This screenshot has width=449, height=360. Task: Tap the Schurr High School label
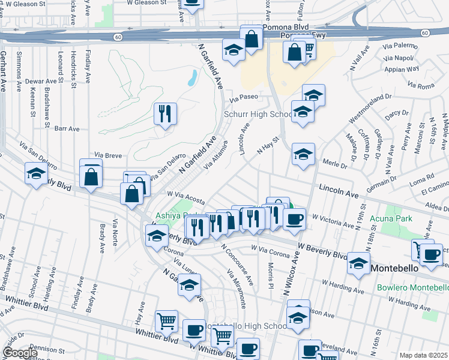(258, 115)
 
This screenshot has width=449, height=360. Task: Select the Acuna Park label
(395, 218)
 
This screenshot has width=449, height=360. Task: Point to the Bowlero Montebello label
(412, 287)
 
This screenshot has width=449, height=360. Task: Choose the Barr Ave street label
(67, 128)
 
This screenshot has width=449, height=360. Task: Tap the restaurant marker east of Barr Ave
(165, 113)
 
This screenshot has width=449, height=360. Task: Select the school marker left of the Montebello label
(358, 263)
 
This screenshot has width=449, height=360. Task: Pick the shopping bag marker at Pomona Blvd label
(252, 38)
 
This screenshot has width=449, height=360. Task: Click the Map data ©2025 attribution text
(423, 355)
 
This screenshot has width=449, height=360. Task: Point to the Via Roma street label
(420, 86)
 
